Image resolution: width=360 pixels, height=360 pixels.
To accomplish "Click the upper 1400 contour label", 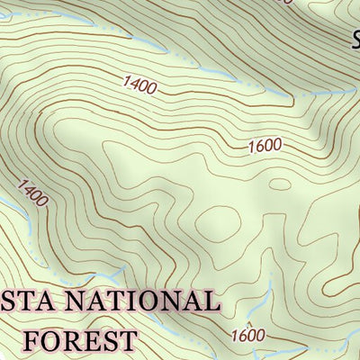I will [x=140, y=87].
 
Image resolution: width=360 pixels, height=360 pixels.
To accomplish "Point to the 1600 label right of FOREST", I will [x=247, y=336].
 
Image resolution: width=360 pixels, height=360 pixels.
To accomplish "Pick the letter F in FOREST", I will [x=34, y=339].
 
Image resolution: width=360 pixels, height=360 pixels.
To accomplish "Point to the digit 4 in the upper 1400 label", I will [x=135, y=85].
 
